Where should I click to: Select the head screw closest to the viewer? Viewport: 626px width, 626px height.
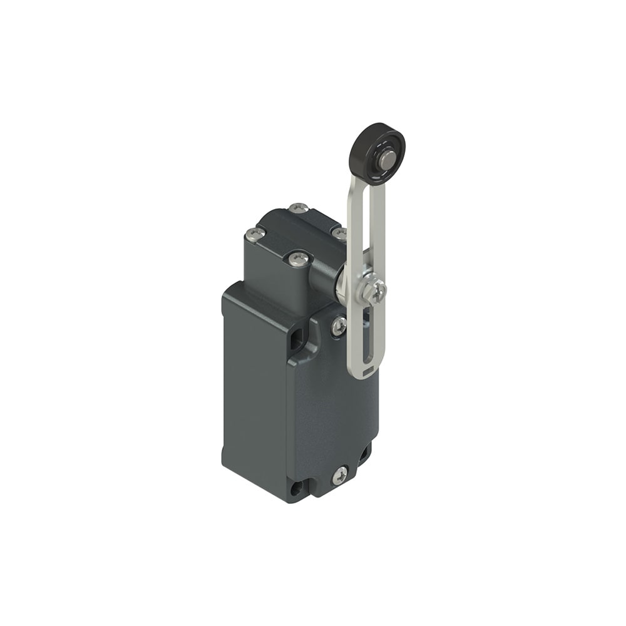click(298, 257)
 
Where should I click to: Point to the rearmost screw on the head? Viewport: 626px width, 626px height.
click(298, 208)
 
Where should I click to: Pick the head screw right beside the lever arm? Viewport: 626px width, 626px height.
click(339, 233)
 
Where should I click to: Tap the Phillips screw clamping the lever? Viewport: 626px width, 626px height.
click(377, 291)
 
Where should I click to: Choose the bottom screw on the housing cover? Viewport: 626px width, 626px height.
click(340, 475)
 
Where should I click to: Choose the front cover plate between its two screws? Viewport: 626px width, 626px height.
click(332, 401)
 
